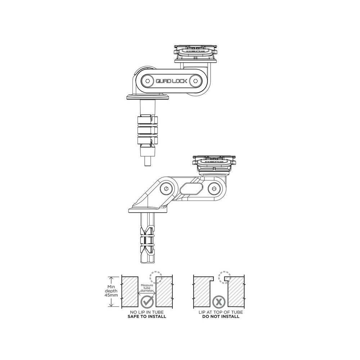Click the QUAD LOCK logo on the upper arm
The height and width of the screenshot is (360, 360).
pos(172,81)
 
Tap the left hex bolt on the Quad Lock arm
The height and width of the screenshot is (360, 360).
pos(148,81)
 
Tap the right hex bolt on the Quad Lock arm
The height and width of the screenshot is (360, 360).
pos(195,81)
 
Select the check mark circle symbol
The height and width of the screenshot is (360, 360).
pos(147,302)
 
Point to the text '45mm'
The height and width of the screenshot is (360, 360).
pos(111,295)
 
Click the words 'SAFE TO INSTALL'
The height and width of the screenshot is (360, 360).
pos(147,316)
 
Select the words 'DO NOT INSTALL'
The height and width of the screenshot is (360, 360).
pos(221,316)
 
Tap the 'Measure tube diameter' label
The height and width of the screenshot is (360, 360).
pos(147,288)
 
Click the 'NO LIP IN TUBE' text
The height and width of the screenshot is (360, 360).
pos(147,312)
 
